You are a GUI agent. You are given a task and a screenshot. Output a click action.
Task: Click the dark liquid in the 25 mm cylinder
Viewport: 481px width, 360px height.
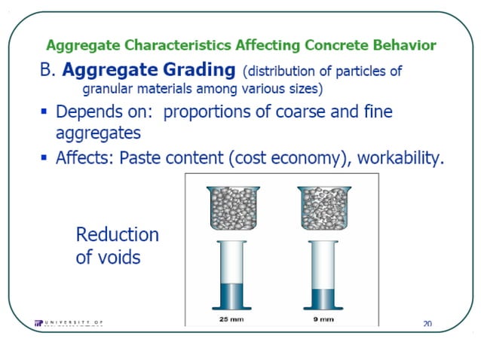point(238,294)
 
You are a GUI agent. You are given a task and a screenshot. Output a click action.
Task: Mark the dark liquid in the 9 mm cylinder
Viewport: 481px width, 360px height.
point(323,298)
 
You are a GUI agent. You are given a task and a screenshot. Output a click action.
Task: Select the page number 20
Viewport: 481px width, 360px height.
point(427,324)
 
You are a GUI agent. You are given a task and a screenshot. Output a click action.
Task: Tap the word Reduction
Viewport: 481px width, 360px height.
point(117,234)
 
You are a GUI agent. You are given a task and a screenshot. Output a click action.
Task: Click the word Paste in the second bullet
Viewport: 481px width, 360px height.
point(140,158)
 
